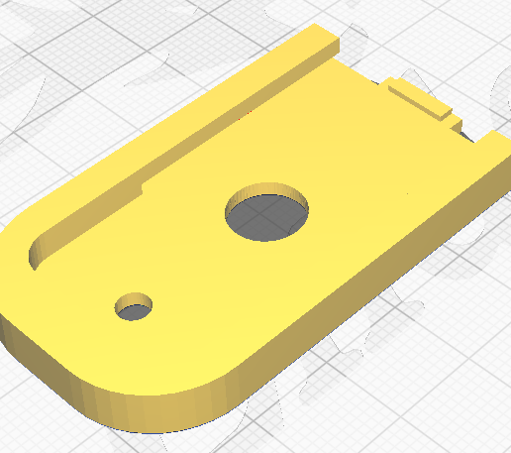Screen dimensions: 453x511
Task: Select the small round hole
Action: (x=134, y=307)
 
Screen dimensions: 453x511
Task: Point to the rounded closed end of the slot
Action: (x=33, y=256)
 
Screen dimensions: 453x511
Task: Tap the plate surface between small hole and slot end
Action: (x=84, y=278)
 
